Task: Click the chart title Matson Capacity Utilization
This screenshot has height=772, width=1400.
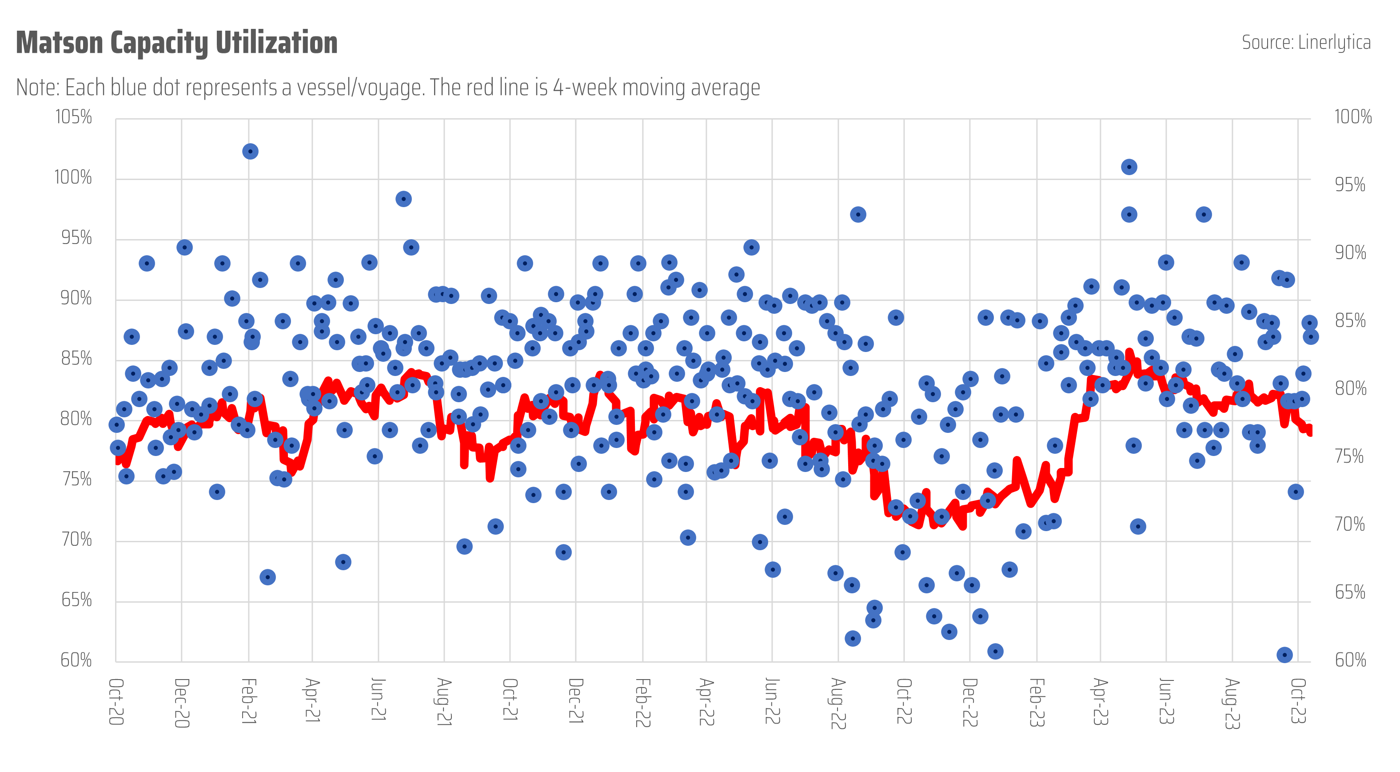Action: click(177, 43)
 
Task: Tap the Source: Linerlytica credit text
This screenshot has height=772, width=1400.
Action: click(1306, 42)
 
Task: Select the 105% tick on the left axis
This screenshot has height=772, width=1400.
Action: click(73, 117)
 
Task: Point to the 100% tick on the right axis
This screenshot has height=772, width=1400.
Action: click(1353, 117)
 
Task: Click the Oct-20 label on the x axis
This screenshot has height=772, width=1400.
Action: click(116, 701)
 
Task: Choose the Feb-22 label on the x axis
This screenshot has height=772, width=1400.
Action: click(643, 702)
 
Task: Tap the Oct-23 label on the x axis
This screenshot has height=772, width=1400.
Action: click(1298, 701)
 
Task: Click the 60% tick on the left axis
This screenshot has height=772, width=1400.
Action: click(76, 660)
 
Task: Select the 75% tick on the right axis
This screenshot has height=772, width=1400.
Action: click(1349, 456)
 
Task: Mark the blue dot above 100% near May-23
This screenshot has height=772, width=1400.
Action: click(1129, 167)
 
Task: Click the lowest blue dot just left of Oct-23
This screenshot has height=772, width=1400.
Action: click(1284, 655)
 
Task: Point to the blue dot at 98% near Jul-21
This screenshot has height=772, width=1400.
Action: click(403, 199)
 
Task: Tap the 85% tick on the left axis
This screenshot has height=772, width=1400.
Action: click(76, 359)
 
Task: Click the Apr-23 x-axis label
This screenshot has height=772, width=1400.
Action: click(1101, 701)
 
